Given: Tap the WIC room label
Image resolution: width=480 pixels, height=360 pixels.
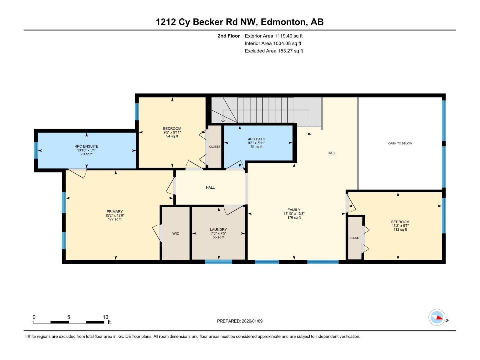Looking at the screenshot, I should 176,234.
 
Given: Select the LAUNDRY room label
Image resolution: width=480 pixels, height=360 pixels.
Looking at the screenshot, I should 218,229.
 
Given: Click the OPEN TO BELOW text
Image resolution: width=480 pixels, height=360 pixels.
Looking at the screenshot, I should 400,143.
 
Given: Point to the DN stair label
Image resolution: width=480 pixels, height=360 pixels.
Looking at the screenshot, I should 309,134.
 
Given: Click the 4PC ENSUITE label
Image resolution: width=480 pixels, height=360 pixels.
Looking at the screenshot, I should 86,146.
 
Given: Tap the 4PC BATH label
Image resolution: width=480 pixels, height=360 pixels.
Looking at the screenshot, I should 256,139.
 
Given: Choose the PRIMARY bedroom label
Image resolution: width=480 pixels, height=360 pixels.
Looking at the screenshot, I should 115,211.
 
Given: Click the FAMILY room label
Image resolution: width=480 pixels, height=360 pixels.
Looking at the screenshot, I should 294,210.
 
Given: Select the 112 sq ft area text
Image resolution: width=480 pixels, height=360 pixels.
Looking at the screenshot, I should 400,230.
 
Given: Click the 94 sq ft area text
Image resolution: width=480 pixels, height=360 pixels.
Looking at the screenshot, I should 172,136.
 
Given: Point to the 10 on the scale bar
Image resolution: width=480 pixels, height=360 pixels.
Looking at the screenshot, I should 105,317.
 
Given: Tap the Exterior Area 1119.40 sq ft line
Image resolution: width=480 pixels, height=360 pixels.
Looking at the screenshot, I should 274,36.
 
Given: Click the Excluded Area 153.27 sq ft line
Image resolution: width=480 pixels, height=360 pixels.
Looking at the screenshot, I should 274,51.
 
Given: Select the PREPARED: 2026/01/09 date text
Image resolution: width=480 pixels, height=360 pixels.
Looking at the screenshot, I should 240,321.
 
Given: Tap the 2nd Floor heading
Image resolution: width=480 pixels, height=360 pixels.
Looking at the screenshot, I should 229,36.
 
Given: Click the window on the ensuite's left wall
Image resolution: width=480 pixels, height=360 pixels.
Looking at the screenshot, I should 36,150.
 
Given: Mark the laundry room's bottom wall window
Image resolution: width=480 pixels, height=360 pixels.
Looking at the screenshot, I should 218,262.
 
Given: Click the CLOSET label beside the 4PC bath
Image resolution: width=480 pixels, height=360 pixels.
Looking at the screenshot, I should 215,147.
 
